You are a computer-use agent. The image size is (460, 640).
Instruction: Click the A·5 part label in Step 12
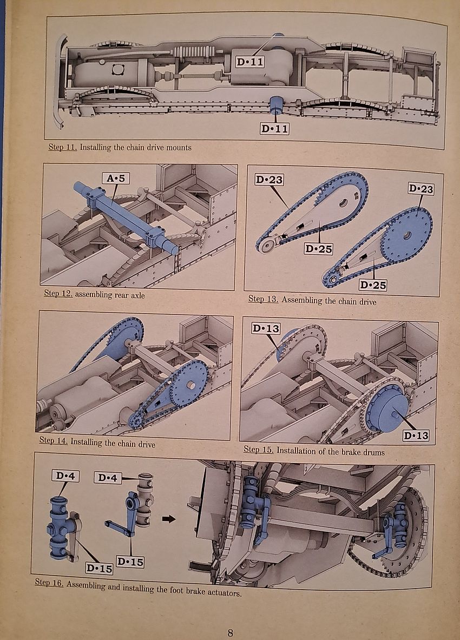click(x=115, y=178)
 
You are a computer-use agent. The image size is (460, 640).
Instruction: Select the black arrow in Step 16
click(x=169, y=519)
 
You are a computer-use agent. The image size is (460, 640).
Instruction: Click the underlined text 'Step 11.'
click(x=62, y=147)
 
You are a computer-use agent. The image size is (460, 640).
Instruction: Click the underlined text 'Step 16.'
click(x=50, y=583)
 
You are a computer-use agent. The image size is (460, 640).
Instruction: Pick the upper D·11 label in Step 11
click(x=251, y=62)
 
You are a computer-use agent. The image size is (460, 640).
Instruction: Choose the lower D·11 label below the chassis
click(x=274, y=129)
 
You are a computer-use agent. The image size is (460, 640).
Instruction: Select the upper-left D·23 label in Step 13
click(x=268, y=180)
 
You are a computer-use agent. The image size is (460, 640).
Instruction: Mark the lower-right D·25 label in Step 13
click(x=373, y=285)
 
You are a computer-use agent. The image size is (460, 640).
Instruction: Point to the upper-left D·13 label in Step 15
click(x=266, y=328)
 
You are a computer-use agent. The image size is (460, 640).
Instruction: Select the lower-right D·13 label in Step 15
click(x=416, y=436)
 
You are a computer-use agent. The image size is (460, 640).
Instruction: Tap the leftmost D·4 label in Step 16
click(x=65, y=476)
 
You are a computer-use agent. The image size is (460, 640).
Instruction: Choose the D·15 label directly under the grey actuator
click(x=130, y=562)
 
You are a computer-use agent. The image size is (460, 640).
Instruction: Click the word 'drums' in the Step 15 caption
click(x=372, y=451)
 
